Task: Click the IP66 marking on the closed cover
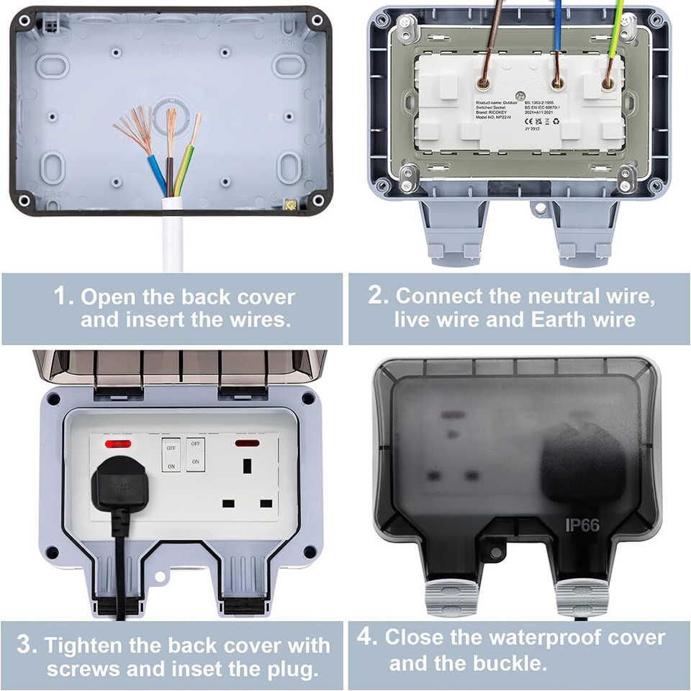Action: [x=582, y=525]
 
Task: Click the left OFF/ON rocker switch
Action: [x=171, y=454]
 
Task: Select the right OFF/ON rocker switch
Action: [x=195, y=454]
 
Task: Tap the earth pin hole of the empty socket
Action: [x=248, y=466]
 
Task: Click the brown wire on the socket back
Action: [x=495, y=43]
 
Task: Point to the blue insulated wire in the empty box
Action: [x=158, y=173]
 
